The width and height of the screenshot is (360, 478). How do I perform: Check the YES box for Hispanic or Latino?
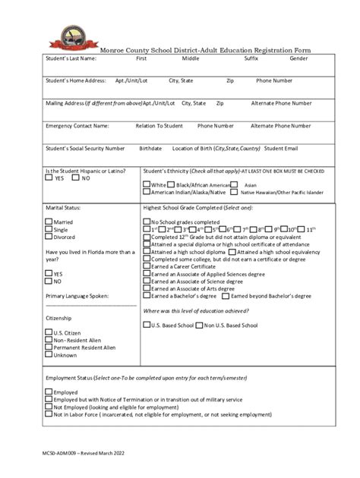pos(49,179)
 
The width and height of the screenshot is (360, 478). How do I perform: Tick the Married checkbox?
pos(49,222)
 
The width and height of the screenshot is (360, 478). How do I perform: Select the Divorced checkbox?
pos(49,237)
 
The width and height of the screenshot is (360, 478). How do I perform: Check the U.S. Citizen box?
pos(49,332)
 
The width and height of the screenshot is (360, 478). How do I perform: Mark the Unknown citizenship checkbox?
pos(49,354)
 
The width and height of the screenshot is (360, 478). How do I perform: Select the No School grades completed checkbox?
pos(147,222)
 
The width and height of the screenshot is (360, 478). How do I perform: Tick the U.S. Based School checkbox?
pos(147,325)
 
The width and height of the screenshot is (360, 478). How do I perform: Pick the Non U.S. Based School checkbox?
pos(199,325)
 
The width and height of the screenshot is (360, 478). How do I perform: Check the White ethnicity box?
pos(147,184)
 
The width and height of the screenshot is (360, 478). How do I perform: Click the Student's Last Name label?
pos(71,58)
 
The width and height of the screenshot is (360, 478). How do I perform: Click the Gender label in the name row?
pos(298,58)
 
